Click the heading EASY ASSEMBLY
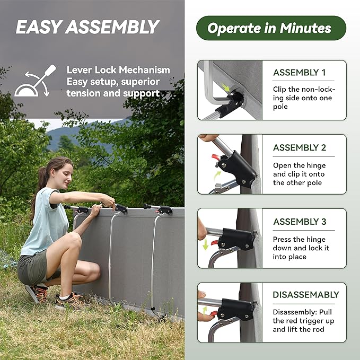coord(87,27)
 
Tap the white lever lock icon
coord(35,82)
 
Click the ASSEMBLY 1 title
coord(299,73)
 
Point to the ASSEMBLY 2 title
coord(299,148)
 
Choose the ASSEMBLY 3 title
coord(299,222)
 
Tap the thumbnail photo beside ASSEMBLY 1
coord(230,90)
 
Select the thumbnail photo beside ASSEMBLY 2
coord(230,164)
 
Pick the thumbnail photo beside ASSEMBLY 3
coord(230,238)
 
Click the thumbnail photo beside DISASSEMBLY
coord(230,312)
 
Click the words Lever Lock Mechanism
coord(118,70)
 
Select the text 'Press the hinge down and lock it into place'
coord(301,248)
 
